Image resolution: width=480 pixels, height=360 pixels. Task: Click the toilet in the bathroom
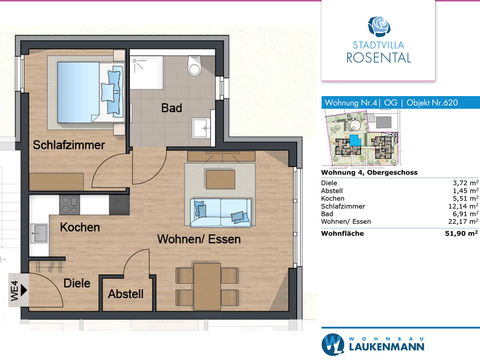(x=195, y=66)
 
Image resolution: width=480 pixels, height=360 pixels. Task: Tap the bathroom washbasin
(x=202, y=128)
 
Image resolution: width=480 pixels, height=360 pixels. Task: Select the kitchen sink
(x=39, y=233)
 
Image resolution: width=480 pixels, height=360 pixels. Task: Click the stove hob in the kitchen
(x=69, y=205)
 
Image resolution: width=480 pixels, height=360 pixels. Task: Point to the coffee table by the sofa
(x=220, y=180)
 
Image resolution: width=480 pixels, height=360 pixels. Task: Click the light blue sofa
(x=220, y=213)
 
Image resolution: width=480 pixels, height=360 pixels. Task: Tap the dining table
(x=207, y=286)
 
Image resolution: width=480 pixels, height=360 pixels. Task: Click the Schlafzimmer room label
(x=69, y=145)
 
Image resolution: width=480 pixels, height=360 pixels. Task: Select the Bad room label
(x=172, y=108)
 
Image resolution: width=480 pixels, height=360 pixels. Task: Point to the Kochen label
(x=80, y=227)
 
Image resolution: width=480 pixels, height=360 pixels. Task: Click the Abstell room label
(x=126, y=294)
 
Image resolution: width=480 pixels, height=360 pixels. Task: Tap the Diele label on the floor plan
(x=77, y=284)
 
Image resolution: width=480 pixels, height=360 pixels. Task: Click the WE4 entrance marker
(x=18, y=290)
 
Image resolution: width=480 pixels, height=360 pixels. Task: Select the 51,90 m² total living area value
(x=461, y=233)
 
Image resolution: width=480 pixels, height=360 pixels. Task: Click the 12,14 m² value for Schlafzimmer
(x=463, y=206)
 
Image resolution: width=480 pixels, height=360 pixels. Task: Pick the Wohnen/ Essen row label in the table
(x=346, y=222)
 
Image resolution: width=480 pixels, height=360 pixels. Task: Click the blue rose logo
(x=379, y=26)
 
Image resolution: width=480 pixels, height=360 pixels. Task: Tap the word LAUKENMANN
(x=387, y=347)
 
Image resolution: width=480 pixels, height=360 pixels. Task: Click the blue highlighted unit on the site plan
(x=355, y=140)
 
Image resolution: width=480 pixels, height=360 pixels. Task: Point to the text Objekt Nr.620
(x=432, y=103)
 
